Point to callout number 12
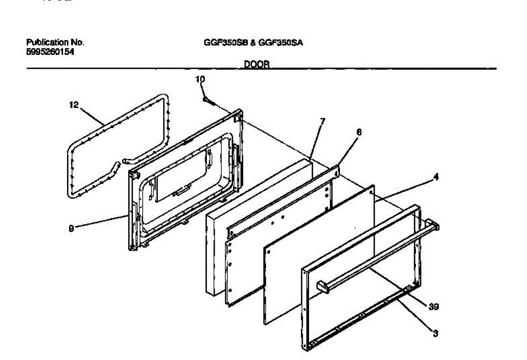[73, 105]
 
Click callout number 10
[200, 80]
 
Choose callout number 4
[436, 177]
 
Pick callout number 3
[435, 333]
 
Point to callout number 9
[72, 228]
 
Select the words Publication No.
[55, 43]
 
